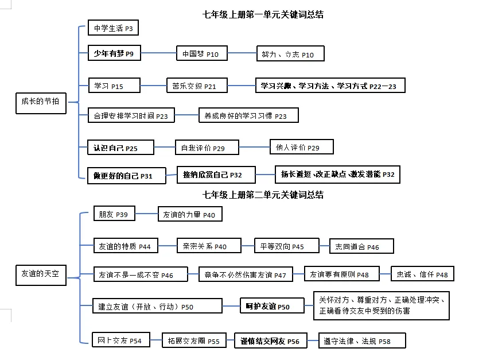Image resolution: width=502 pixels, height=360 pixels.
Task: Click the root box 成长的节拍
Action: click(x=40, y=102)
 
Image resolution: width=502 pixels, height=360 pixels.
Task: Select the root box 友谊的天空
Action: click(x=40, y=274)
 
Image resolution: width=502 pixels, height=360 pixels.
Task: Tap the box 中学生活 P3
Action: click(x=113, y=28)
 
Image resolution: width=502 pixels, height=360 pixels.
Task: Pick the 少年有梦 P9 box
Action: click(x=114, y=54)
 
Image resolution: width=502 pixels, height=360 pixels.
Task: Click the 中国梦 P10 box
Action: click(x=200, y=54)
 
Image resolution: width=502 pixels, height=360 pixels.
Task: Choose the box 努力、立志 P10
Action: click(x=290, y=54)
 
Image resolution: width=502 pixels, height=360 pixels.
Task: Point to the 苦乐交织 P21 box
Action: click(x=194, y=86)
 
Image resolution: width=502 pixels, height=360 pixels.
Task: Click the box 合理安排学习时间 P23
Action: click(x=131, y=115)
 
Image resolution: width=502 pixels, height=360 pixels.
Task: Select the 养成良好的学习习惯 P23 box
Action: click(x=248, y=115)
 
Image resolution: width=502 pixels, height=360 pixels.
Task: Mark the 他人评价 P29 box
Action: click(x=301, y=147)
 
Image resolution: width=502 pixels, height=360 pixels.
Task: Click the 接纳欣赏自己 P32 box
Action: click(x=212, y=175)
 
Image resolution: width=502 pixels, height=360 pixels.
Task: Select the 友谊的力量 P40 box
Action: click(x=190, y=214)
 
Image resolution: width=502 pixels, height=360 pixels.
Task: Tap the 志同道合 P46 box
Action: click(x=361, y=246)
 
